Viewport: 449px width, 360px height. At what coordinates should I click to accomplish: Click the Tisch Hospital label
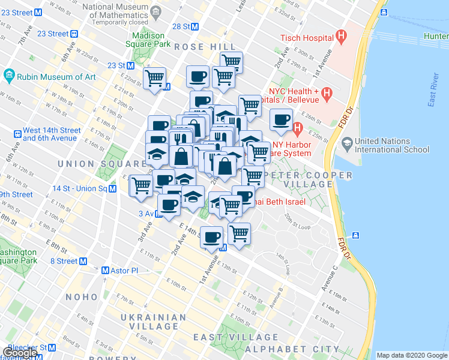pyautogui.click(x=306, y=38)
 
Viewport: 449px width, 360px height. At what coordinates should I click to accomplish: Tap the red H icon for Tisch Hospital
pyautogui.click(x=342, y=37)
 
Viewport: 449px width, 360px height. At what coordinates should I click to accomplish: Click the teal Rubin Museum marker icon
pyautogui.click(x=9, y=76)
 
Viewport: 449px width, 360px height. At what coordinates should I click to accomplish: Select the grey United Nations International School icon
pyautogui.click(x=346, y=143)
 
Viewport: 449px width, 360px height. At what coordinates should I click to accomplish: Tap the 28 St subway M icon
pyautogui.click(x=194, y=26)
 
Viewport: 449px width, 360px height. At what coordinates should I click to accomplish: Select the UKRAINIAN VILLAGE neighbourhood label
pyautogui.click(x=153, y=322)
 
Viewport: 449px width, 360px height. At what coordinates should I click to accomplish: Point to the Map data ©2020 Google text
pyautogui.click(x=411, y=355)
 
